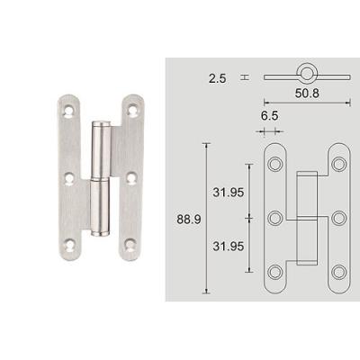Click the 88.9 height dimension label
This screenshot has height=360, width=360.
click(189, 220)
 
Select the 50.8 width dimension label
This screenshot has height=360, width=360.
click(307, 94)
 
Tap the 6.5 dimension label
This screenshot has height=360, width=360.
click(269, 116)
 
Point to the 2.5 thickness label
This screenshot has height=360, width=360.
click(218, 79)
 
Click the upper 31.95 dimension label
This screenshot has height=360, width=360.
click(229, 193)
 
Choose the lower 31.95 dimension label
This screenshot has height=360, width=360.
click(229, 247)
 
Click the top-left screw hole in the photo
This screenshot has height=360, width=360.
click(69, 111)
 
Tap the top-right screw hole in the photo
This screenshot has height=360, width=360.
click(132, 111)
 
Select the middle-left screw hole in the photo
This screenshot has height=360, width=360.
click(69, 179)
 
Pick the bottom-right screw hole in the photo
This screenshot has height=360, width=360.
click(130, 245)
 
